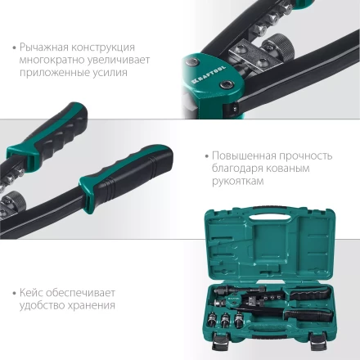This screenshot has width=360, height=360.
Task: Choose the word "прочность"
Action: click(x=305, y=155)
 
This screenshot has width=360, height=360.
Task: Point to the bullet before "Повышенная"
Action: click(x=204, y=155)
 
